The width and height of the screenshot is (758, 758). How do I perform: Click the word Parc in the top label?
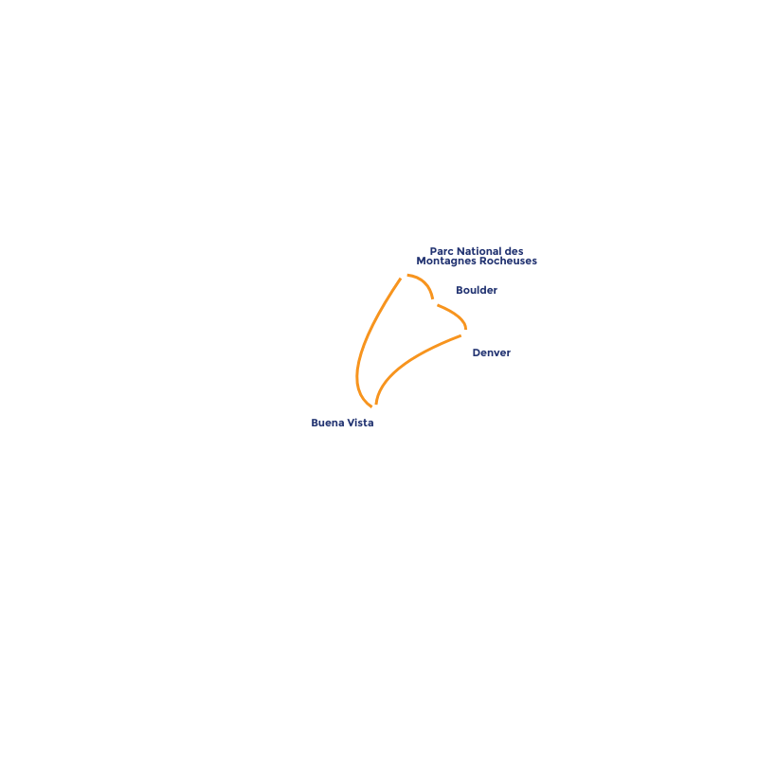(441, 252)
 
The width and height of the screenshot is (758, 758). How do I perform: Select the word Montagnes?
(445, 262)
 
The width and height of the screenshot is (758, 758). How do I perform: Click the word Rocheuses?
(508, 262)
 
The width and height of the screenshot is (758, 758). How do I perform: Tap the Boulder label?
(476, 290)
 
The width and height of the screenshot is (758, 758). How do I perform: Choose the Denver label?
(491, 353)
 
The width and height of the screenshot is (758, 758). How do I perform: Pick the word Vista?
(359, 423)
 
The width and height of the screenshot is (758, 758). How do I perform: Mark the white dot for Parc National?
(403, 275)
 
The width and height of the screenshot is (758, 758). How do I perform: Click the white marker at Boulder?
(433, 303)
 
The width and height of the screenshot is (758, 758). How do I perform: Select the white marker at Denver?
(464, 334)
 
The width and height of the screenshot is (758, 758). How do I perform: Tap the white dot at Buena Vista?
(376, 409)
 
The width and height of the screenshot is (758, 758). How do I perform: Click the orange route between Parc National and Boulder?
(423, 281)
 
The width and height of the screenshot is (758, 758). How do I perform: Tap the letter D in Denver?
(477, 353)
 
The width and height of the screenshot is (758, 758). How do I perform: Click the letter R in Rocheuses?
(482, 262)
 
